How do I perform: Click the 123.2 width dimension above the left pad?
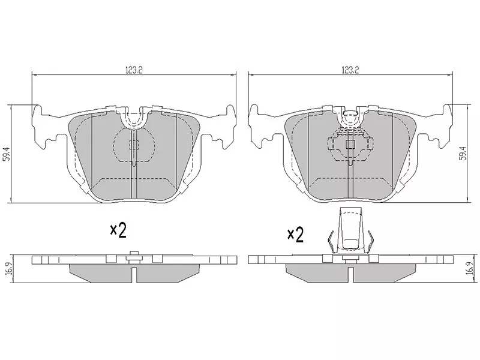(133, 70)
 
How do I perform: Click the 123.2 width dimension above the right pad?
(350, 70)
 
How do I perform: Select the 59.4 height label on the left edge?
(7, 154)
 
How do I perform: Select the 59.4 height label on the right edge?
(462, 154)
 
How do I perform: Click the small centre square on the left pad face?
(134, 144)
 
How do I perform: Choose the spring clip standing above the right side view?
(350, 231)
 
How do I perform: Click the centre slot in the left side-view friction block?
(134, 274)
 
